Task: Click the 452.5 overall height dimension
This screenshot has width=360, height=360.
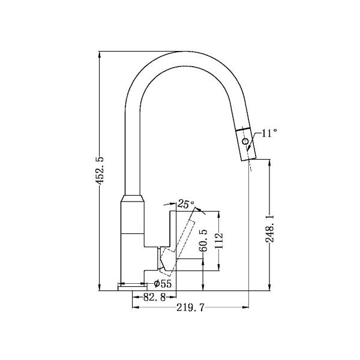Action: point(101,170)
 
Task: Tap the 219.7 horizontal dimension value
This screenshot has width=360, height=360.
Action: point(190,308)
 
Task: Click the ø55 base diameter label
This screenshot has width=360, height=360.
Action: point(164,283)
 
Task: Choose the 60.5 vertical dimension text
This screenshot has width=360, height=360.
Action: point(204,240)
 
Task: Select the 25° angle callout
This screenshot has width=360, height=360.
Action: point(186,204)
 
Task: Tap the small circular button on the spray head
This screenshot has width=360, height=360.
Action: point(245,142)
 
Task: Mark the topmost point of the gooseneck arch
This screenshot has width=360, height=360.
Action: point(180,52)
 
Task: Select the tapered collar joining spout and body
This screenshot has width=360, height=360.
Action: point(133,200)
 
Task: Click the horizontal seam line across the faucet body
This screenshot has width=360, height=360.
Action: point(133,232)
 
